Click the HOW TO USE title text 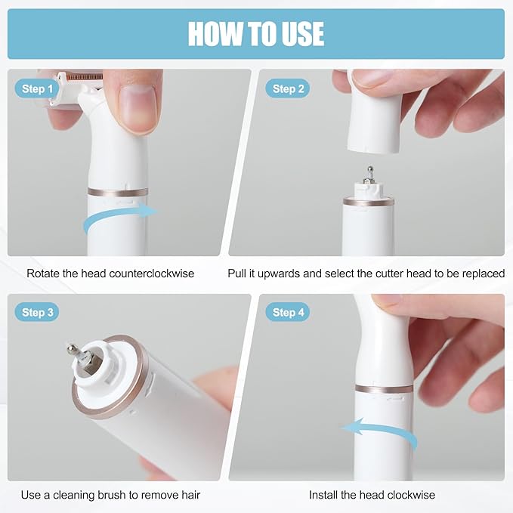(256, 34)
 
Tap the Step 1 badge (37, 88)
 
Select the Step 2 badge (288, 88)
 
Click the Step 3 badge (37, 312)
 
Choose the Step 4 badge (288, 312)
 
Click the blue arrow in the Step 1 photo (118, 213)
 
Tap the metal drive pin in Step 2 (369, 175)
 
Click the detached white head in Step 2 (374, 113)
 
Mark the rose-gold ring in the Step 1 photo (118, 192)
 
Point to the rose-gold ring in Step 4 (384, 388)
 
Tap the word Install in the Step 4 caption (323, 495)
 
